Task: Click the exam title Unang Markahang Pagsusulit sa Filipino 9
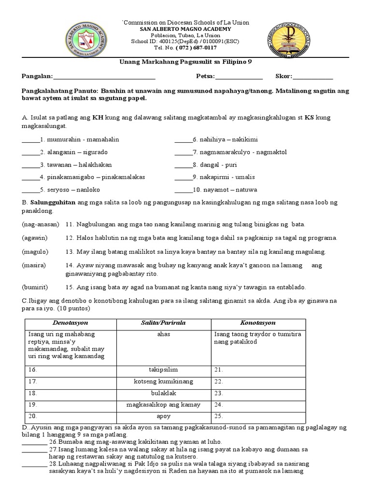click(x=185, y=62)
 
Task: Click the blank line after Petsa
click(x=239, y=77)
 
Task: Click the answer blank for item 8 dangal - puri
click(x=182, y=165)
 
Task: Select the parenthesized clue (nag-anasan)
click(x=40, y=225)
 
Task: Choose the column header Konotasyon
click(x=258, y=322)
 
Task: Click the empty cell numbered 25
click(x=258, y=416)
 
